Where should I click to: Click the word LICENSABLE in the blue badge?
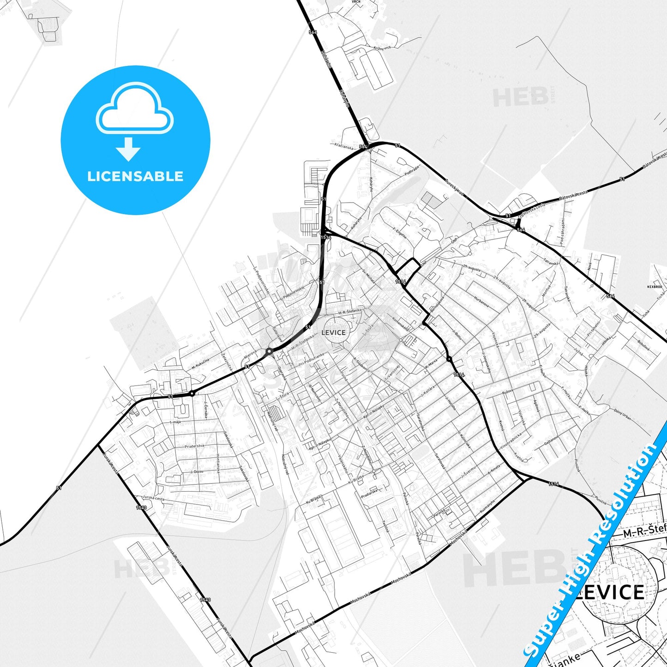[135, 176]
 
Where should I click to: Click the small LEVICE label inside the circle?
[333, 332]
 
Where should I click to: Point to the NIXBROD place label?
[655, 287]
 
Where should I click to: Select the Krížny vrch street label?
[382, 48]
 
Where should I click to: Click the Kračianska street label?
[344, 146]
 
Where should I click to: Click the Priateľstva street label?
[194, 446]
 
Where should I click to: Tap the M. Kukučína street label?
[200, 364]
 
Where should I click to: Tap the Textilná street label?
[385, 526]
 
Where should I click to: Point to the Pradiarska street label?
[369, 493]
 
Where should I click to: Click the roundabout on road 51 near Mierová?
[269, 352]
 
